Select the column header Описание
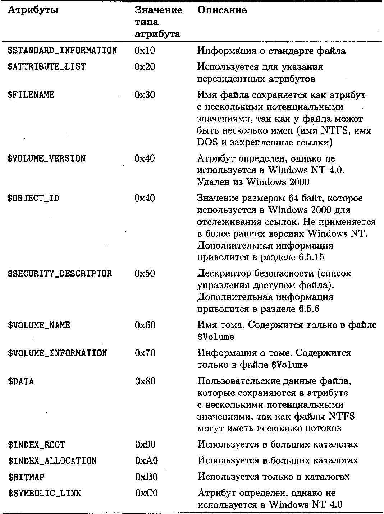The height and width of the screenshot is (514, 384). pos(222,10)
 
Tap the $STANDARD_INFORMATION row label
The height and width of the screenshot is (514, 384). pos(62,51)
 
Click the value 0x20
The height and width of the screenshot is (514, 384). pos(145,67)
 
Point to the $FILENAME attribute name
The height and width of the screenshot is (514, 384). pos(31,95)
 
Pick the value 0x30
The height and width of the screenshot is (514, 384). pos(145,95)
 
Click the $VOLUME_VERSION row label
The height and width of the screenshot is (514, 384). pos(46,158)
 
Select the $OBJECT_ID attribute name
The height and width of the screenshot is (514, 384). pos(33,198)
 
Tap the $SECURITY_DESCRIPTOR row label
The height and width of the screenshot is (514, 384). pos(60,274)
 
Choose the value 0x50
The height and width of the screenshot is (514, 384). pos(145,274)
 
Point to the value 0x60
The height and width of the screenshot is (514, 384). pos(145,325)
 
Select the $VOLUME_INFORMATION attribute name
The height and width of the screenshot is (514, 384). pos(57,353)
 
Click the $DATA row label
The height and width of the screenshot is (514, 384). pos(21,381)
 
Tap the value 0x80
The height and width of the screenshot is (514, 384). pos(145,381)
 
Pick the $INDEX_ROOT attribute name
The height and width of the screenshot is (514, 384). pos(36,445)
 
